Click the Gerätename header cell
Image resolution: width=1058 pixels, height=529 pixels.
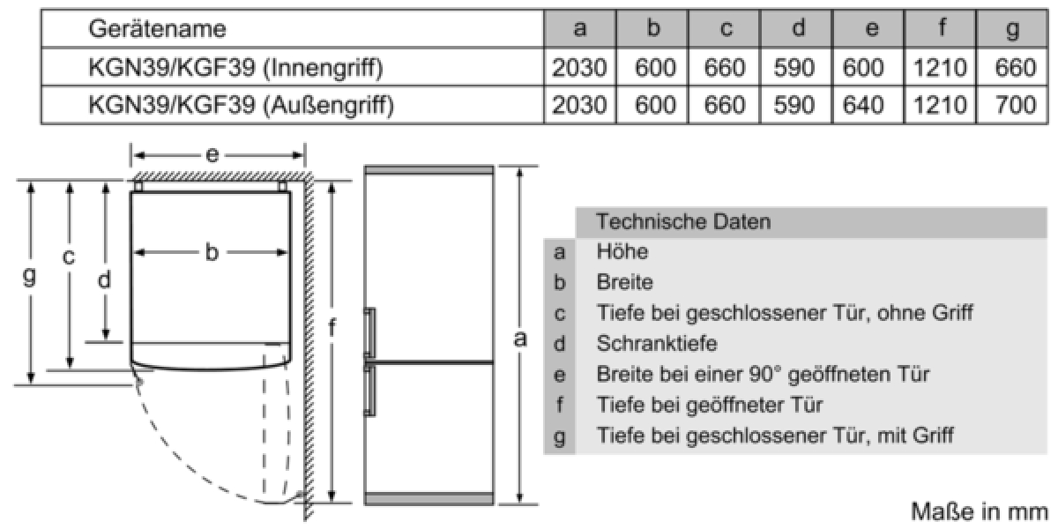coord(157,29)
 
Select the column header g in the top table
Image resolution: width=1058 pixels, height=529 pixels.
coord(1012,29)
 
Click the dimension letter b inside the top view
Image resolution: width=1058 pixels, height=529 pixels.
coord(212,253)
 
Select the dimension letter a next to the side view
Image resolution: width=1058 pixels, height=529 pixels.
coord(521,338)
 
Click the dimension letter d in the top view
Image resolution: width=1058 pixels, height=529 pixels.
coord(105,280)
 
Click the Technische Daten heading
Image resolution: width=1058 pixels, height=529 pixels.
coord(683,221)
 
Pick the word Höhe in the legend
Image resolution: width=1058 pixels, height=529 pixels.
coord(622,252)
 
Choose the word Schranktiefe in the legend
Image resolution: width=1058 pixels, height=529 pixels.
coord(657,343)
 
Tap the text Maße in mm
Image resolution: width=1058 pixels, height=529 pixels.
coord(979,511)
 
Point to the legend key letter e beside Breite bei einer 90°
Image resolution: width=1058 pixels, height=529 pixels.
coord(559,375)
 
